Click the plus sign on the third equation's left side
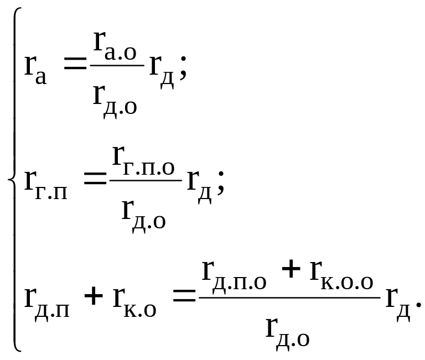pyautogui.click(x=94, y=298)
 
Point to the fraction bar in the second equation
pyautogui.click(x=146, y=180)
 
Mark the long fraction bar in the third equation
pyautogui.click(x=289, y=298)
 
